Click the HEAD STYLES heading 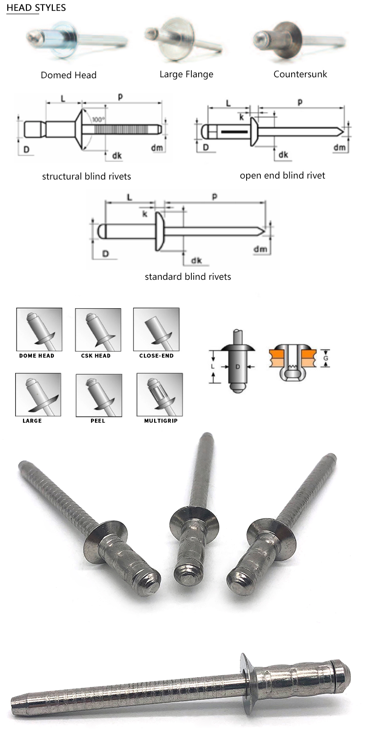(x=36, y=8)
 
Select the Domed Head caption (x=69, y=75)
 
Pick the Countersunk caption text (x=300, y=74)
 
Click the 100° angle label (x=98, y=119)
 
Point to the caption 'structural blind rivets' (x=87, y=176)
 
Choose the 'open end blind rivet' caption (x=282, y=175)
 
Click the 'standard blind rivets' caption (x=188, y=277)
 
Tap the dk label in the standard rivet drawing (x=196, y=260)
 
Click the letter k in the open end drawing (x=242, y=118)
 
